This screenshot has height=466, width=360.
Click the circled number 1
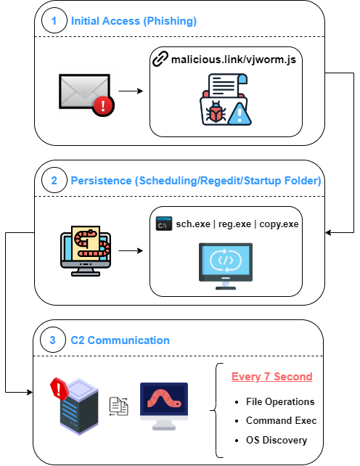tap(54, 21)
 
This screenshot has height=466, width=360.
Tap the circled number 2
tap(54, 181)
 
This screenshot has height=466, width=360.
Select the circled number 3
tap(52, 340)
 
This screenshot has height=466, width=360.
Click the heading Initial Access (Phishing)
tap(134, 21)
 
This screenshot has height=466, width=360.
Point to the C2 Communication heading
tap(120, 340)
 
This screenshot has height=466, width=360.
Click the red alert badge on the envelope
tap(103, 106)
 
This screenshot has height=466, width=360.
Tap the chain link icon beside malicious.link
tap(160, 59)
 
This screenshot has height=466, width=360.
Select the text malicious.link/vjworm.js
tap(234, 60)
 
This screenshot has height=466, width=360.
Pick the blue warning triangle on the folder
tap(240, 114)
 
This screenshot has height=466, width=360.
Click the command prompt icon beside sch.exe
tap(164, 224)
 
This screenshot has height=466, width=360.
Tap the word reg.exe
tap(234, 224)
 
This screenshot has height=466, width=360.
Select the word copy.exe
tap(279, 224)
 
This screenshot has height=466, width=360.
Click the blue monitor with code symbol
tap(226, 266)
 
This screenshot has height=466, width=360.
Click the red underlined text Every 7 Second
tap(272, 377)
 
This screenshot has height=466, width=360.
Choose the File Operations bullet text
tap(280, 402)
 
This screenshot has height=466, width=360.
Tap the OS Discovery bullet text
tap(277, 440)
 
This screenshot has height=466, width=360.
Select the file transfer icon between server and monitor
tap(119, 406)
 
